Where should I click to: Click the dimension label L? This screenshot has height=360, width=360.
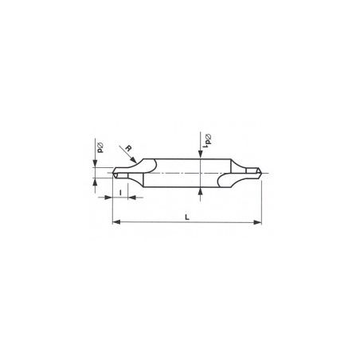[187, 217]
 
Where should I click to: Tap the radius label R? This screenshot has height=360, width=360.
[128, 148]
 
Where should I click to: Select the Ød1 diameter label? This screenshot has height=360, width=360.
[207, 141]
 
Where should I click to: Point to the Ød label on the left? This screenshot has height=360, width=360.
[100, 147]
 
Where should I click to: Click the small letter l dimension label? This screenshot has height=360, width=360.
[120, 193]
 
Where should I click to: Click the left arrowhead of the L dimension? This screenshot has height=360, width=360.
[116, 222]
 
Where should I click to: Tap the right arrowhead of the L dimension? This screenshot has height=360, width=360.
[257, 222]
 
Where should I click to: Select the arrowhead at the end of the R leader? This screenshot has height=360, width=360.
[134, 160]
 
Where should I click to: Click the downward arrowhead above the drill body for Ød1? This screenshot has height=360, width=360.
[201, 155]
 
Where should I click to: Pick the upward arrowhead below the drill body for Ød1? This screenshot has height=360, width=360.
[201, 191]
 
